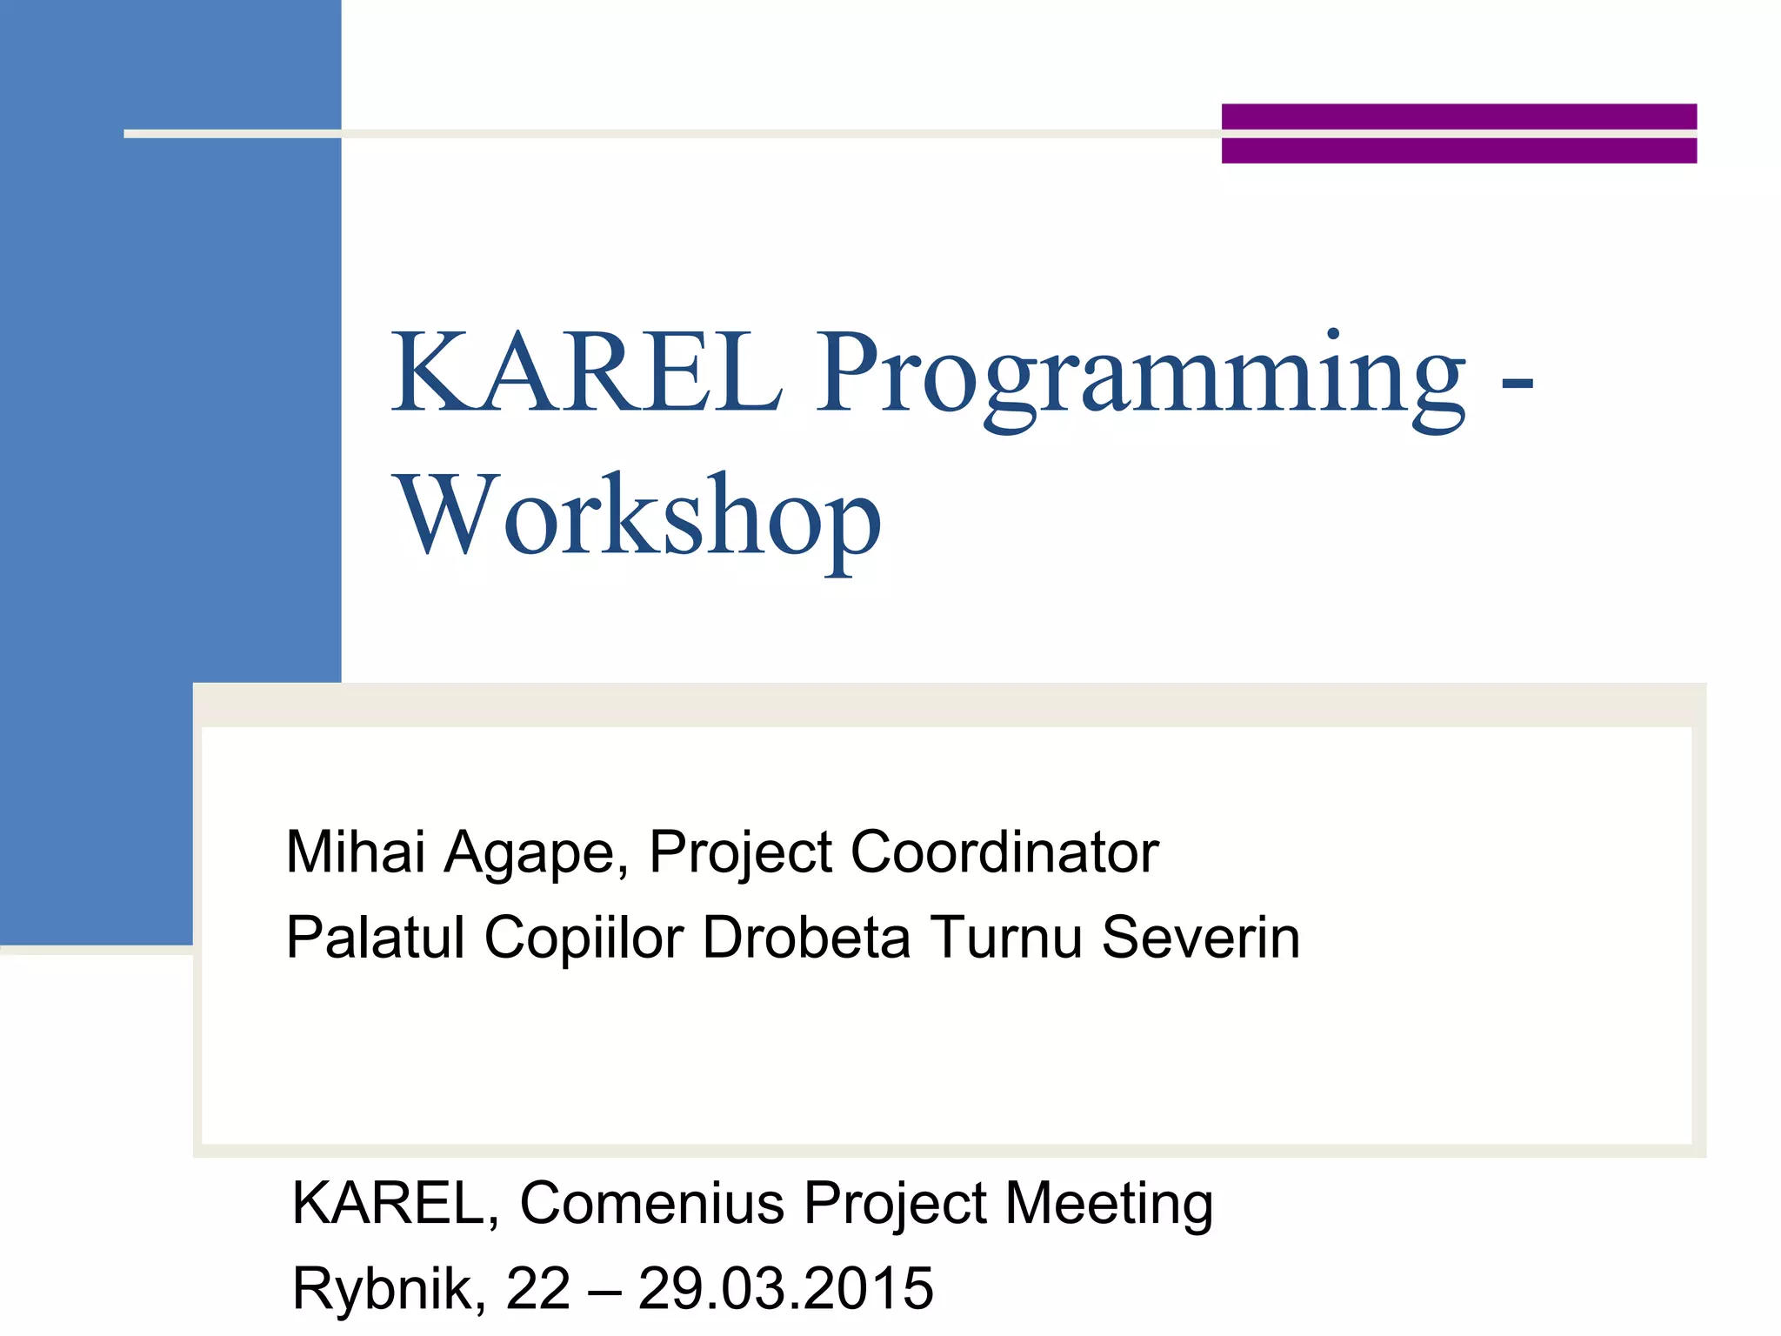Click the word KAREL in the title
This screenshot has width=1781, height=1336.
(x=587, y=374)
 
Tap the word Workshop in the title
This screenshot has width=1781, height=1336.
(x=639, y=518)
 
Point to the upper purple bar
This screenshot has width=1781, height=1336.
(x=1458, y=116)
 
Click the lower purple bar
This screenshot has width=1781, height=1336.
(x=1458, y=150)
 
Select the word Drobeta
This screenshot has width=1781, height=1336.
(x=806, y=938)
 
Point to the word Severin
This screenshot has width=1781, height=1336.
(x=1201, y=938)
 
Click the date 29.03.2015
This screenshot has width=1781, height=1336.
(x=786, y=1288)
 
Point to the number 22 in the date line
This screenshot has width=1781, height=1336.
(x=537, y=1288)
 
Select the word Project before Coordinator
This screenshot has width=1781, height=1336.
(x=741, y=852)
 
